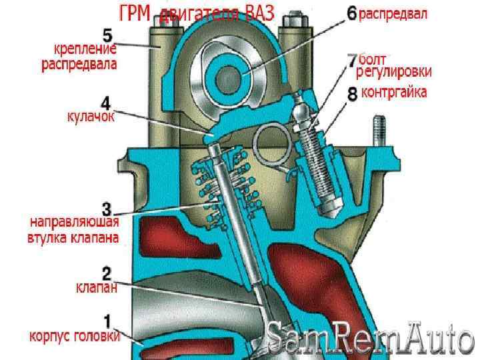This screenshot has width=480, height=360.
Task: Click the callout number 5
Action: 107,33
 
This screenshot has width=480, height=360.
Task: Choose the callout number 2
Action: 106,273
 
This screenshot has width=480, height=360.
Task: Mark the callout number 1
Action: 106,321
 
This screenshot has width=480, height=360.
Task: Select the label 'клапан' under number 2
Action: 97,289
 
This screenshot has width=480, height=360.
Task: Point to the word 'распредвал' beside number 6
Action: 393,13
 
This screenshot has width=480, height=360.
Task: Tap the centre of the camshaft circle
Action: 238,72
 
